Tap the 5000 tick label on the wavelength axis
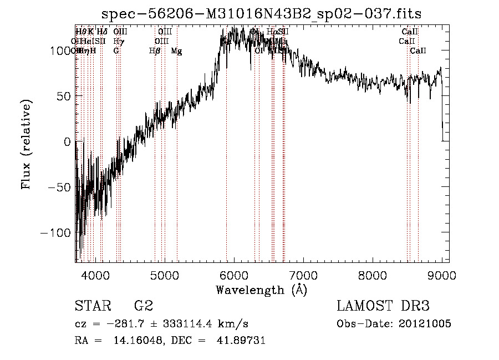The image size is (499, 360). pyautogui.click(x=165, y=275)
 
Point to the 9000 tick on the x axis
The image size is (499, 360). pyautogui.click(x=442, y=275)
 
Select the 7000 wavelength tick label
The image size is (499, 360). pyautogui.click(x=303, y=275)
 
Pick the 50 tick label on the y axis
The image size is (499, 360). pyautogui.click(x=63, y=96)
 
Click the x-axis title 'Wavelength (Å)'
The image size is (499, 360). pyautogui.click(x=261, y=290)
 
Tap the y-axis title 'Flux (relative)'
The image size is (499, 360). pyautogui.click(x=27, y=144)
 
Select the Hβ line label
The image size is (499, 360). pyautogui.click(x=155, y=51)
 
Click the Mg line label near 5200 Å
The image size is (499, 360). pyautogui.click(x=176, y=51)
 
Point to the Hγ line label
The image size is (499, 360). pyautogui.click(x=118, y=42)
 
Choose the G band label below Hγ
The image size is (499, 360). pyautogui.click(x=116, y=51)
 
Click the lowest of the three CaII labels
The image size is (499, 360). pyautogui.click(x=418, y=51)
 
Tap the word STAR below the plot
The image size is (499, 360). pyautogui.click(x=93, y=306)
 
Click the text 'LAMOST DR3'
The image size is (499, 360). pyautogui.click(x=383, y=306)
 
